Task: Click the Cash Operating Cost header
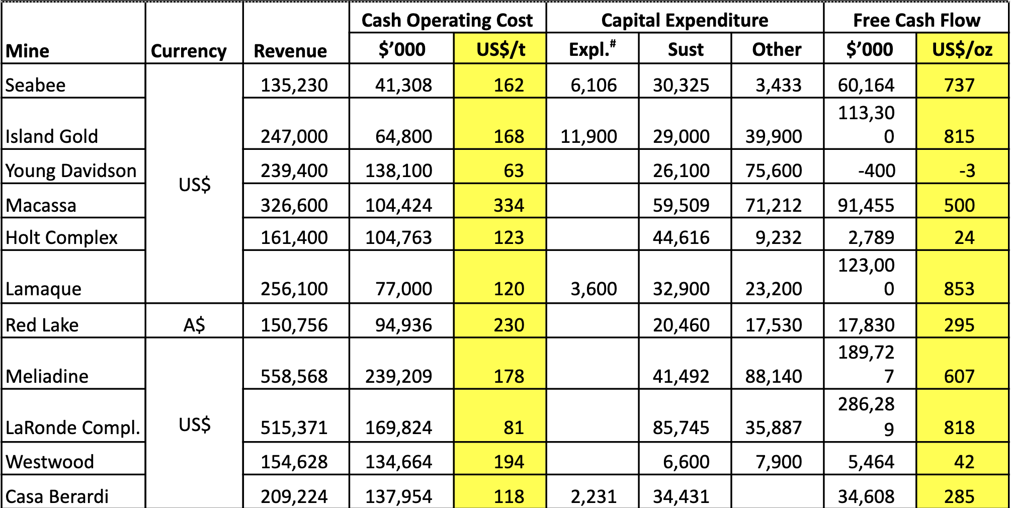(x=447, y=20)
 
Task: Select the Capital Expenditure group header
(x=685, y=20)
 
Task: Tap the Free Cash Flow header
(x=916, y=20)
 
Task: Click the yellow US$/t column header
(x=500, y=49)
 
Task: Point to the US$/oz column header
(x=962, y=49)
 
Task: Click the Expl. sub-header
(x=592, y=49)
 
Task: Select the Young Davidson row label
(x=71, y=171)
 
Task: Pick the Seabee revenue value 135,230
(x=294, y=85)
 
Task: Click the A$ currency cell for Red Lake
(x=194, y=325)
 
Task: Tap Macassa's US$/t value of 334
(x=509, y=205)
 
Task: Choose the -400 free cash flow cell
(x=876, y=171)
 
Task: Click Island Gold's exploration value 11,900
(x=588, y=136)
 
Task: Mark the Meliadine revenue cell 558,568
(x=294, y=376)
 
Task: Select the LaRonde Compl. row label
(x=73, y=428)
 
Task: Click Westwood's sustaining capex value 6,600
(x=686, y=462)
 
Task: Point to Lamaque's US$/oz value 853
(x=959, y=289)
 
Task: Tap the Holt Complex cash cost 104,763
(x=398, y=237)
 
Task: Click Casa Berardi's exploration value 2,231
(x=594, y=496)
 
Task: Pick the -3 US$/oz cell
(x=967, y=171)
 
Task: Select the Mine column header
(x=28, y=51)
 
